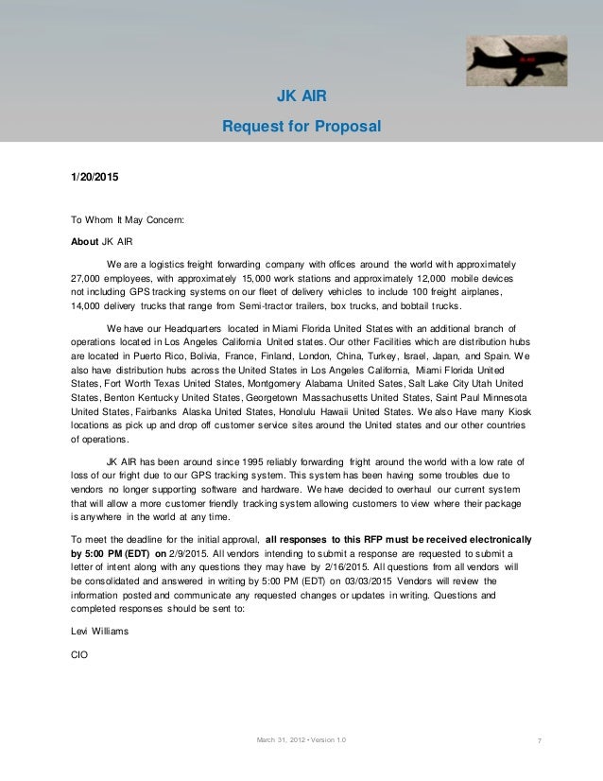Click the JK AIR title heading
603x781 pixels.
(x=300, y=96)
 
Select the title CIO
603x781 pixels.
(x=79, y=652)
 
